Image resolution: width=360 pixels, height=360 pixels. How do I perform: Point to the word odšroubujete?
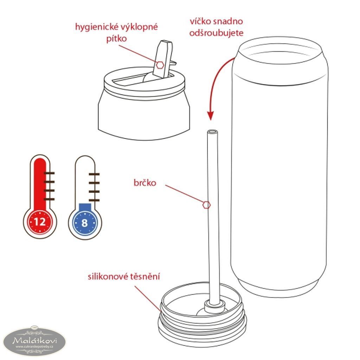click(216, 33)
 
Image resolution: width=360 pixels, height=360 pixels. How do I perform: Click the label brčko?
click(145, 183)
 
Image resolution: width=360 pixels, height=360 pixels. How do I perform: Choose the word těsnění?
click(145, 276)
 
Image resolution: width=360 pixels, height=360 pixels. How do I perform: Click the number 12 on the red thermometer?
click(40, 222)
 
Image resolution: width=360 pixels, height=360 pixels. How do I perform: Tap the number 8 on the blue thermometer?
click(84, 223)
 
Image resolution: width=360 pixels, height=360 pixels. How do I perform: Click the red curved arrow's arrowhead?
click(210, 115)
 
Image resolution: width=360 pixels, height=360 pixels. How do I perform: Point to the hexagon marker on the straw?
click(206, 205)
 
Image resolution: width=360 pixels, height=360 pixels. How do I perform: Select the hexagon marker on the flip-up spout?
click(160, 65)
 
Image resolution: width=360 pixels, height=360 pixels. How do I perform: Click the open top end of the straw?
click(212, 132)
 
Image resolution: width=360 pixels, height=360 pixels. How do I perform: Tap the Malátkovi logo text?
click(35, 340)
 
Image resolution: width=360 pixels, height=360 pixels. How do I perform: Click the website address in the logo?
click(34, 346)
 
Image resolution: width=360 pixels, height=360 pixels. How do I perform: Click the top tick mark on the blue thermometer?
click(94, 174)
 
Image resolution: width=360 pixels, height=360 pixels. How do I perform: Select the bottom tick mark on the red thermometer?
click(49, 199)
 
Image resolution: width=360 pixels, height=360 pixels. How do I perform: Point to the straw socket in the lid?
click(215, 307)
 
